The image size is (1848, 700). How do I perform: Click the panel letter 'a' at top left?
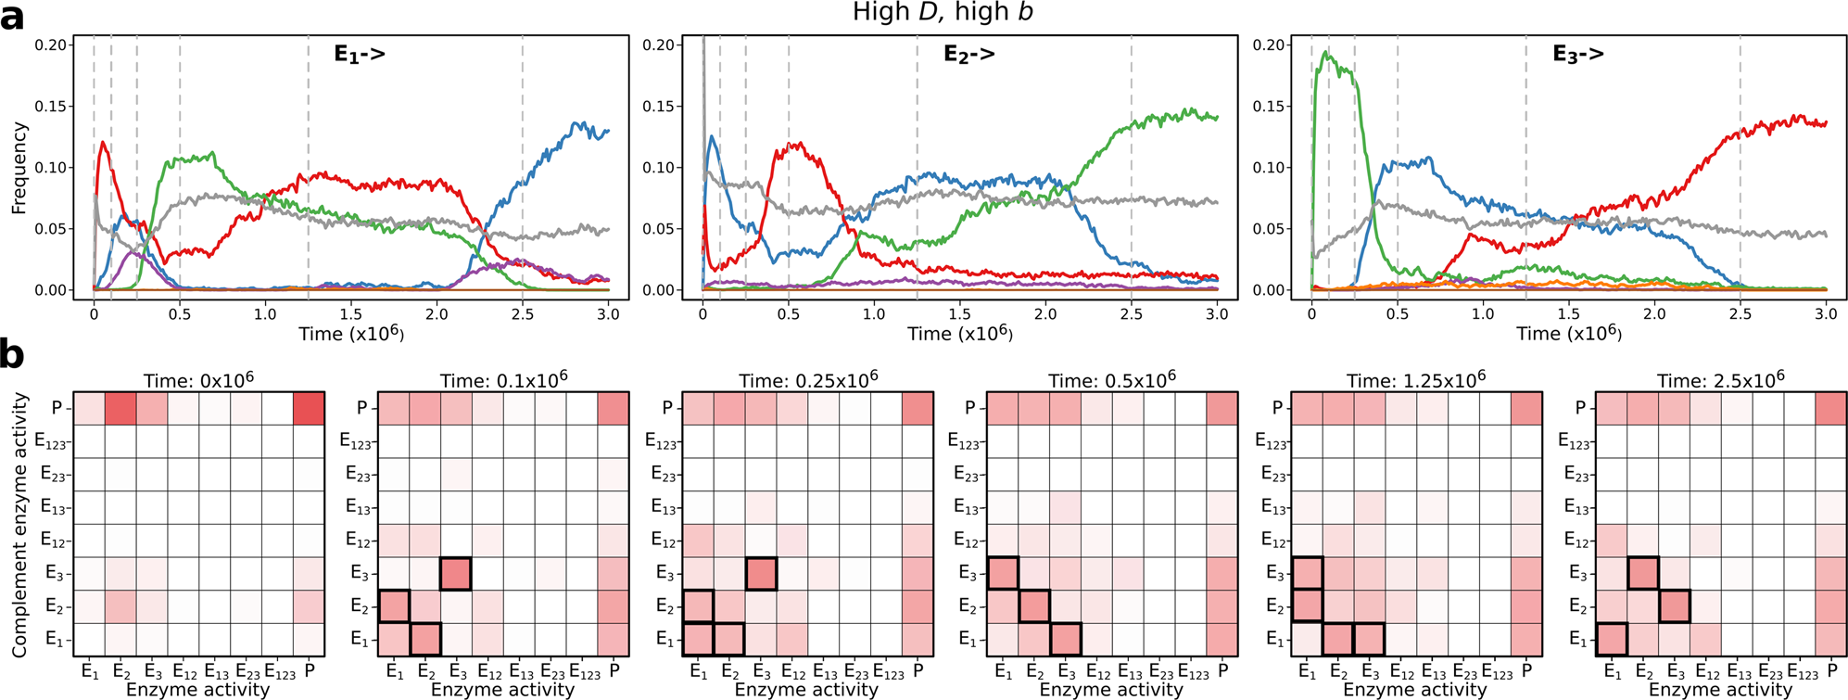[12, 16]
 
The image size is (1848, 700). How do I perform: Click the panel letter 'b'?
[12, 355]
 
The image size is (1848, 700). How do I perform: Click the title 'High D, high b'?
[943, 13]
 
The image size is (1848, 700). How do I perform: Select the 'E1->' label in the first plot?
[360, 55]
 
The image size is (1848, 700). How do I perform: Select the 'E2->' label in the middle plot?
[968, 55]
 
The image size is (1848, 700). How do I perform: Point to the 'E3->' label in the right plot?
[1577, 55]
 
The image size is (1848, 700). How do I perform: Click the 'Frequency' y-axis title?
[18, 169]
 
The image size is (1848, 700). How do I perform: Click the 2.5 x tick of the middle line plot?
[1131, 314]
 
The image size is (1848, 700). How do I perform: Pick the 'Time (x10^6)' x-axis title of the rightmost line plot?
[1568, 333]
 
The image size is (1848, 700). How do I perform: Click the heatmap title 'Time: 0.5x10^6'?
[1111, 379]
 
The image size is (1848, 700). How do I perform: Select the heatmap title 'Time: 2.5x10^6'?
[1720, 379]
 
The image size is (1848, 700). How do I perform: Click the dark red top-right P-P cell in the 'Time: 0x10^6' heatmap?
[309, 408]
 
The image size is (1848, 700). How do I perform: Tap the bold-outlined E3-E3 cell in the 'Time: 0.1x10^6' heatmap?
[455, 574]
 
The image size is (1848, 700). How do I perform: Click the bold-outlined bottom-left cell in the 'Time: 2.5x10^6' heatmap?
[1613, 639]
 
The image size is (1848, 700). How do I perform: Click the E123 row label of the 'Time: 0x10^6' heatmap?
[52, 441]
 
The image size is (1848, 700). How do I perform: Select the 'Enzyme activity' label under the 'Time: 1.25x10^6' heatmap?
[1415, 689]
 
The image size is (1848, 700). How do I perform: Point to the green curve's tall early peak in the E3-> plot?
[1327, 54]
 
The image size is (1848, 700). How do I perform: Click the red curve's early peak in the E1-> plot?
[102, 142]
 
